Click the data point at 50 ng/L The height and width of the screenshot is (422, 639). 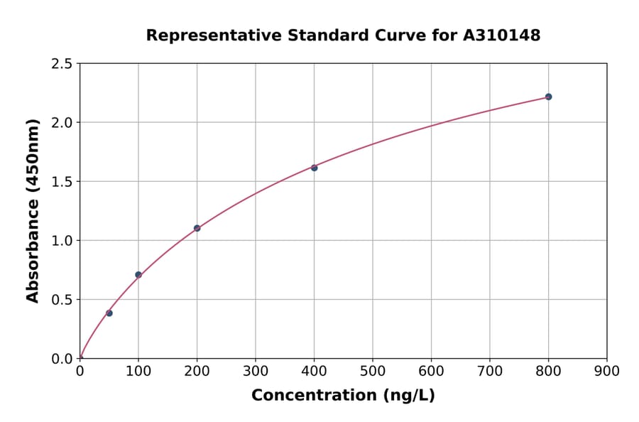click(109, 313)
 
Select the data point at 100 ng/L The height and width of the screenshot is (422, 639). click(138, 275)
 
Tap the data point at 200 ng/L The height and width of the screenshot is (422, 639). click(197, 228)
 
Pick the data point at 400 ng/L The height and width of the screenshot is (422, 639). click(315, 168)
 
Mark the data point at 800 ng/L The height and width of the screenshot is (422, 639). click(549, 97)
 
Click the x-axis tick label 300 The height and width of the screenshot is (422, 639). click(256, 371)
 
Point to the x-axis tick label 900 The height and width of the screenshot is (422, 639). click(607, 371)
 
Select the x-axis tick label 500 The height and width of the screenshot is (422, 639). click(373, 371)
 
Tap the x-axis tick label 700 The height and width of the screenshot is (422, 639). click(490, 371)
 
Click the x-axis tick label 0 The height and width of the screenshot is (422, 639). click(80, 371)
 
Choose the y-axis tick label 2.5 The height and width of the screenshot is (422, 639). click(61, 64)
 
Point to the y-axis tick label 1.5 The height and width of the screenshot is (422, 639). click(61, 182)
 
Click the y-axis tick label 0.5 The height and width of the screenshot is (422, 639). click(61, 300)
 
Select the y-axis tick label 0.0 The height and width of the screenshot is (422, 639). click(61, 359)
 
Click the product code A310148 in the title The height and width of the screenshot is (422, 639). click(502, 36)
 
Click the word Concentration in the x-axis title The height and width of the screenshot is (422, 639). click(314, 396)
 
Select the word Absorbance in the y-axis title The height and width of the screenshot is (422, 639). click(33, 261)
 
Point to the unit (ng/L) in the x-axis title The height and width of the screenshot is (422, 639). click(408, 396)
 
